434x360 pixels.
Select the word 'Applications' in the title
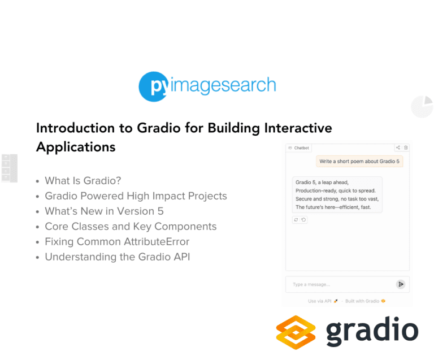coord(76,147)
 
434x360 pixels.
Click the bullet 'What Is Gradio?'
coord(83,181)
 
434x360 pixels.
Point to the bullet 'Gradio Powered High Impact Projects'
coord(136,196)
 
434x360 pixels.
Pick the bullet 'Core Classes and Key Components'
coord(131,227)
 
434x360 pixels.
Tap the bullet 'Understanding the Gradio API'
coord(117,257)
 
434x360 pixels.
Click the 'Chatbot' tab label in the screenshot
coord(301,148)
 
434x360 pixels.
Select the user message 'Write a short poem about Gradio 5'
coord(359,162)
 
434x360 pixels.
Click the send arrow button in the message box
coord(401,284)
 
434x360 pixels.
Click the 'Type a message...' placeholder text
coord(311,284)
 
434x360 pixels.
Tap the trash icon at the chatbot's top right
coord(406,148)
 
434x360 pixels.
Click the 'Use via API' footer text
coord(320,301)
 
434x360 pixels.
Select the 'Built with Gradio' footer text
coord(362,301)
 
